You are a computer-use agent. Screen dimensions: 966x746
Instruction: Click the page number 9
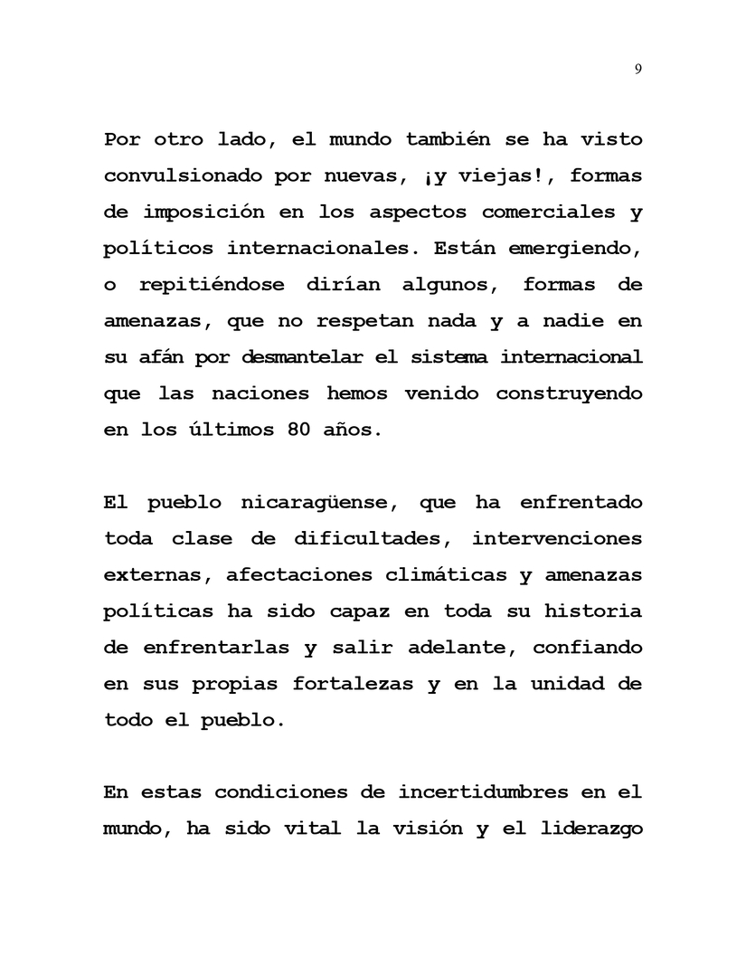click(638, 70)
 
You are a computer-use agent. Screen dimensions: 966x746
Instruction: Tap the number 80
click(286, 430)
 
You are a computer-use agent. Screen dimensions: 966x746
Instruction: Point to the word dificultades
click(369, 538)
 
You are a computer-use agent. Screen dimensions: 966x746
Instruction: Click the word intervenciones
click(557, 538)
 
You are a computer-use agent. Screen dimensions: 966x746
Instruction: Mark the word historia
click(592, 611)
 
